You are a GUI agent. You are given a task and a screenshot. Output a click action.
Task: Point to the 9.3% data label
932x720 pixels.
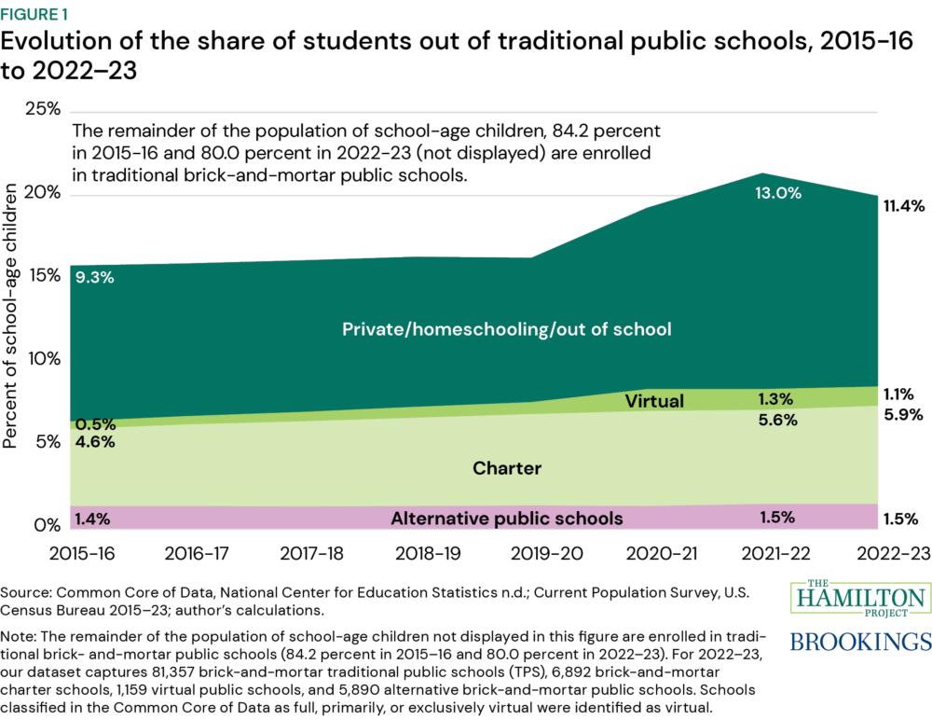pyautogui.click(x=92, y=277)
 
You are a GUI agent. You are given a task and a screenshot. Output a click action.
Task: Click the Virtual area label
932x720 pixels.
pyautogui.click(x=654, y=402)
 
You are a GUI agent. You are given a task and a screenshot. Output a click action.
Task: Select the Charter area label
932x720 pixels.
pyautogui.click(x=507, y=467)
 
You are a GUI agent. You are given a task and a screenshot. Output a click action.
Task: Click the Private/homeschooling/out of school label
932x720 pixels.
pyautogui.click(x=507, y=329)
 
